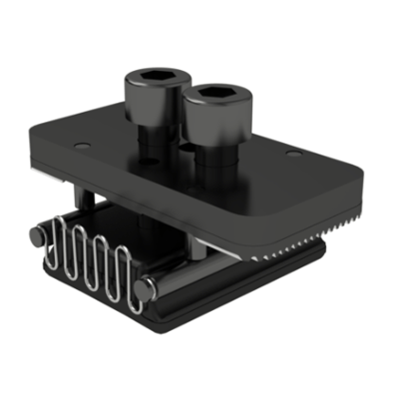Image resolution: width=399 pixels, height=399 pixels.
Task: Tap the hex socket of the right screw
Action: (213, 97)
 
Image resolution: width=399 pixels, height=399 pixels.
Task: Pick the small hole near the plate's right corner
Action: (292, 155)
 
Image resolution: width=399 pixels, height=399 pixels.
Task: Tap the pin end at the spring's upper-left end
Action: (37, 236)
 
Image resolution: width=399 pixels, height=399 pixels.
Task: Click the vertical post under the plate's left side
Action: (90, 199)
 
